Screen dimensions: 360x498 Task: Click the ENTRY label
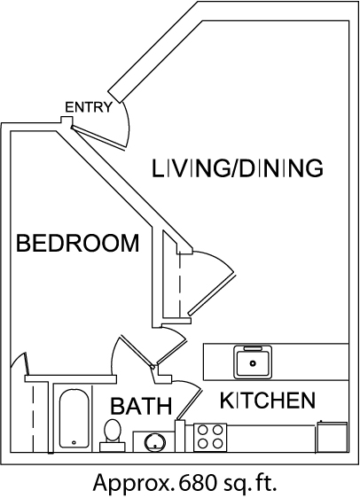coord(89,107)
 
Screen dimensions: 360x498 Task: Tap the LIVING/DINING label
coord(238,168)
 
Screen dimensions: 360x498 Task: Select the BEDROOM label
coord(78,243)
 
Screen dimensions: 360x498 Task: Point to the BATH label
coord(141,406)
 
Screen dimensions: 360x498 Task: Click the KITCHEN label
coord(268,401)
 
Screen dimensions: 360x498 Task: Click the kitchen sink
coord(253,362)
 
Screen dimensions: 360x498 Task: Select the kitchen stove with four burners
coord(210,437)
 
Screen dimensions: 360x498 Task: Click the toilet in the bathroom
coord(113,435)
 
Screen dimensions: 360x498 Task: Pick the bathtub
coord(74,418)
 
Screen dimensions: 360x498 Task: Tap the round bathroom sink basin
coord(155,441)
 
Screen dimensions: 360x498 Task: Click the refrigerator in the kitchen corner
coord(332,437)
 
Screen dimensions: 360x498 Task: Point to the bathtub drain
coord(74,442)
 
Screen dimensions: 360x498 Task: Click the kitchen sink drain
coord(253,363)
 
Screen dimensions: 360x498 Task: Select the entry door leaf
coord(98,137)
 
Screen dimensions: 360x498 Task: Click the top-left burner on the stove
coord(203,430)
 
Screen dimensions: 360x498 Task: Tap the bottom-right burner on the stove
coord(217,443)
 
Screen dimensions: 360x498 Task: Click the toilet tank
coord(113,447)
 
